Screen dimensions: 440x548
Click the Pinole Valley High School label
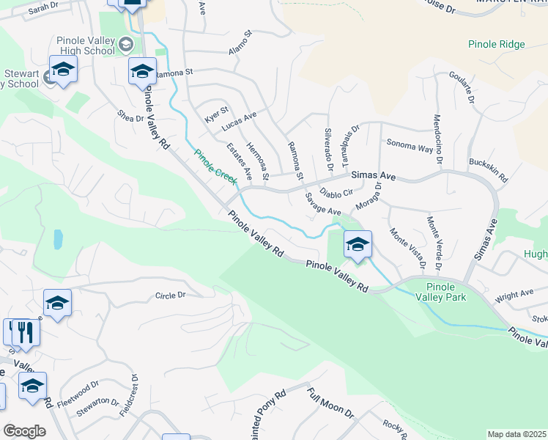(x=86, y=45)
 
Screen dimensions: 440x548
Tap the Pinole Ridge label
(x=497, y=45)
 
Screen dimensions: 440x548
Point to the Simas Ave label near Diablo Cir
(x=374, y=177)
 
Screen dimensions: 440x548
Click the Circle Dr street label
(x=171, y=296)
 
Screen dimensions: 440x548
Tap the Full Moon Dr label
(x=330, y=403)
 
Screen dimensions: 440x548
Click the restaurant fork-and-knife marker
(x=25, y=331)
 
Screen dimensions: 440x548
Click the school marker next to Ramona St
(x=142, y=71)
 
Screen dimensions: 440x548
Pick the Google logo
(x=23, y=431)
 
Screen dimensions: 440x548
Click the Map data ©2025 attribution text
(x=516, y=434)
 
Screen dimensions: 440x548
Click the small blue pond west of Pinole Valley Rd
(x=58, y=240)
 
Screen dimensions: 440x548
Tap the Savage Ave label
(x=323, y=203)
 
